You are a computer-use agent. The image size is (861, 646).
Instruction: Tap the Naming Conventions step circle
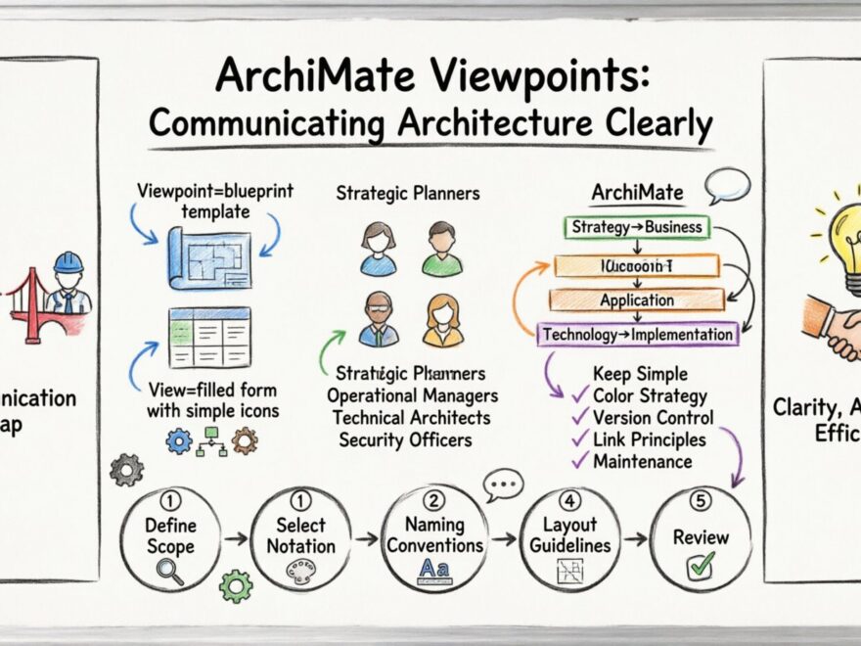tap(434, 539)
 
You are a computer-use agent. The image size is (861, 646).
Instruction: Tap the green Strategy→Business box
tap(636, 227)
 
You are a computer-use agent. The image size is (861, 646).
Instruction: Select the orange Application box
tap(636, 300)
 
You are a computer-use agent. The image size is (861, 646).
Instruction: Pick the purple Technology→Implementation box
tap(638, 335)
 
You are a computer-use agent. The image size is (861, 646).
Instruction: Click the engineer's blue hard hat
tap(68, 261)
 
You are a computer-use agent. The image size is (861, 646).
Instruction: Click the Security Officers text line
tap(406, 440)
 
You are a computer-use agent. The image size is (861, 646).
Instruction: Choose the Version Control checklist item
tap(653, 418)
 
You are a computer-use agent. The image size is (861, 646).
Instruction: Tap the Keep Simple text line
tap(640, 374)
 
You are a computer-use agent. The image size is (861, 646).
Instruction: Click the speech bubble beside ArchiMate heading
tap(729, 184)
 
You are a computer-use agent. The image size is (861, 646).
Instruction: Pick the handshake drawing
tap(833, 332)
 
